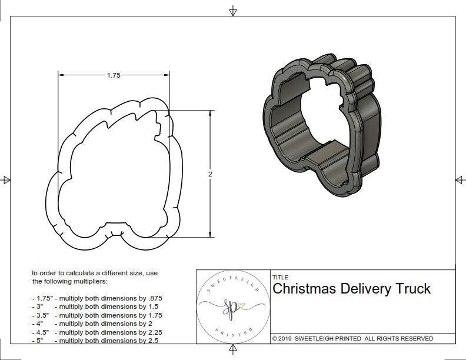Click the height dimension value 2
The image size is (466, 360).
click(210, 174)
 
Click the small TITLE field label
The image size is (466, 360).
click(281, 277)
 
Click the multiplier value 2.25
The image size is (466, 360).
click(151, 332)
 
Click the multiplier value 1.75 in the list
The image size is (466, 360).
click(151, 315)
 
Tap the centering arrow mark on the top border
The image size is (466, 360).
click(233, 11)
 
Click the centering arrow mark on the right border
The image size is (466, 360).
click(458, 179)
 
